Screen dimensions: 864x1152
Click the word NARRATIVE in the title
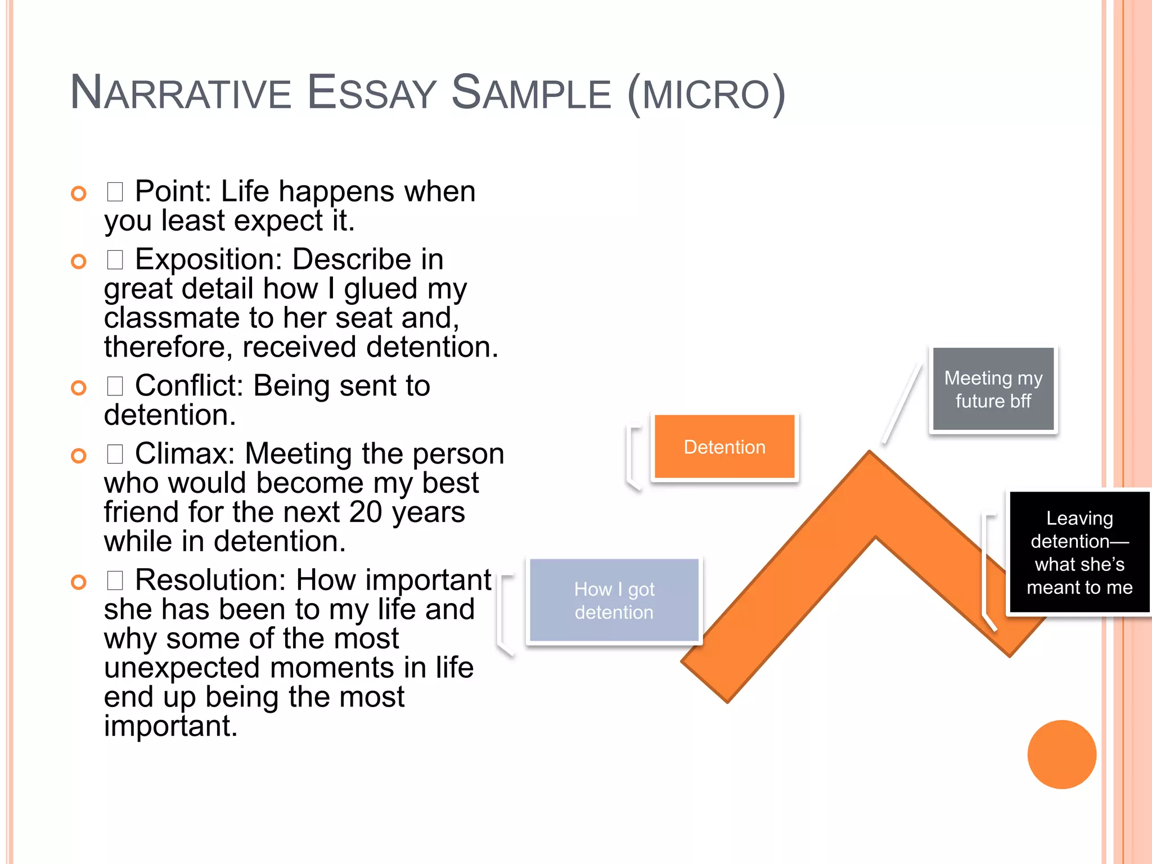[180, 93]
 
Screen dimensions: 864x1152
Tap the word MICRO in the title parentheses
[706, 94]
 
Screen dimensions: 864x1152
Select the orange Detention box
[724, 447]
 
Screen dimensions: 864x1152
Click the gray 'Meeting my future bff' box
[993, 389]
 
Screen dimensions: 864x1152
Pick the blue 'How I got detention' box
[614, 600]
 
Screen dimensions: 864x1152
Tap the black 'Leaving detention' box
[1079, 552]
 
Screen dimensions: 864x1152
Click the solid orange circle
[1061, 754]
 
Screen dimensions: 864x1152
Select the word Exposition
[208, 259]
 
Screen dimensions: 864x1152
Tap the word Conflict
[189, 386]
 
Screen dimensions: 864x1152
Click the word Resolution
[211, 580]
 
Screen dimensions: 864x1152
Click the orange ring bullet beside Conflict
[79, 388]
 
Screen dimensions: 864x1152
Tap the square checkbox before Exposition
[115, 260]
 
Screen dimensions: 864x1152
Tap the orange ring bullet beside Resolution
[79, 582]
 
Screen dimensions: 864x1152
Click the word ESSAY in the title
[372, 93]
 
